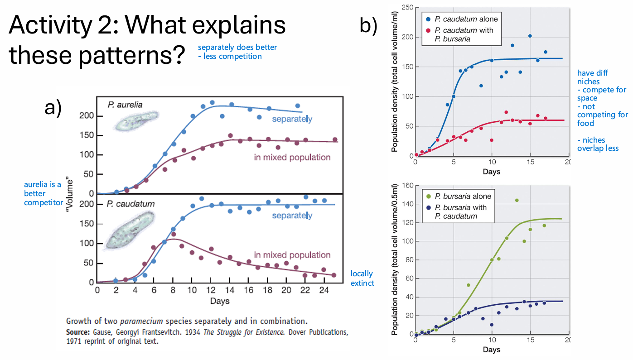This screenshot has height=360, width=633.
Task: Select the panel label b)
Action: pos(368,25)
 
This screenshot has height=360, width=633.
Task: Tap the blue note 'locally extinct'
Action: pos(362,278)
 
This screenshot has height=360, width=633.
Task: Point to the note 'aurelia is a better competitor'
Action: pos(43,193)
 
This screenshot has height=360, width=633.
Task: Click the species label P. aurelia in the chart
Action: pos(125,105)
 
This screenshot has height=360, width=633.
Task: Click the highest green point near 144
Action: pos(517,200)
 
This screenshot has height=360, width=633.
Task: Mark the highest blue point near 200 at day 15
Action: pos(530,36)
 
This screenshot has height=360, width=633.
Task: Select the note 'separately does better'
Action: pos(237,47)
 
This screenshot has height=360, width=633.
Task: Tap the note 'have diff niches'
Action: pos(592,77)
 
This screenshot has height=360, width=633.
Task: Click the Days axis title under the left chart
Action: pos(220,301)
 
